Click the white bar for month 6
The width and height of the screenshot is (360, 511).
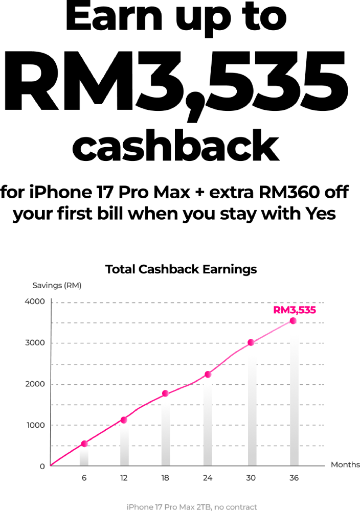(84, 456)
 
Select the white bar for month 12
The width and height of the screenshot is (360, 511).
(124, 445)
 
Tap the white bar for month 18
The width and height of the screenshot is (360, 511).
(165, 432)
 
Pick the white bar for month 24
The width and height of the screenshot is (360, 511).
(208, 422)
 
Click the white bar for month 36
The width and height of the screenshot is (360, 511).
(295, 395)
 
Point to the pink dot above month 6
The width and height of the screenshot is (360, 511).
(84, 444)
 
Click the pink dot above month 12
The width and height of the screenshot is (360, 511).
(124, 420)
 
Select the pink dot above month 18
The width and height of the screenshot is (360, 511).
(165, 393)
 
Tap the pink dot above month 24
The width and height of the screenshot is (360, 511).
(208, 374)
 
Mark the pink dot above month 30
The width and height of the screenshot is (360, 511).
(251, 342)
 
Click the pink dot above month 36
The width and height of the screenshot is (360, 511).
(293, 321)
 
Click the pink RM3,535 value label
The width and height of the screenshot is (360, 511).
(294, 310)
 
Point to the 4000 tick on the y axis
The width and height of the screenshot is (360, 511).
(35, 301)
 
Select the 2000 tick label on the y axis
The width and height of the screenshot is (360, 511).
(35, 384)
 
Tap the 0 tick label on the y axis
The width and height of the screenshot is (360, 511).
(42, 466)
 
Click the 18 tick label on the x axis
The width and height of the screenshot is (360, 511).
(165, 478)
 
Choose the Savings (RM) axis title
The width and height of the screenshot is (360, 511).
(57, 285)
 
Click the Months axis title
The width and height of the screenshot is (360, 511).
(345, 465)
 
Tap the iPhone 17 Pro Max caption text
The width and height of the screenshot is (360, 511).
(192, 507)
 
